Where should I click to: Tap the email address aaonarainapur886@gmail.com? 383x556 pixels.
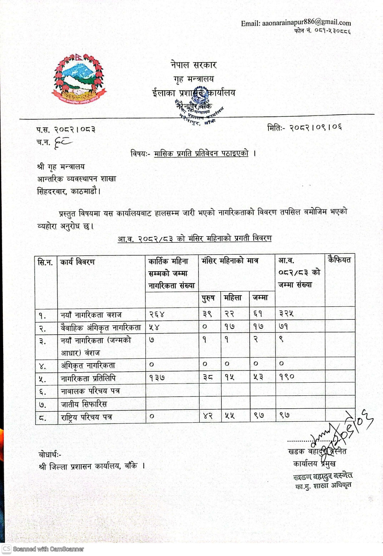tap(295, 23)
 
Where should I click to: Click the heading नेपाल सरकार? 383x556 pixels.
tap(194, 65)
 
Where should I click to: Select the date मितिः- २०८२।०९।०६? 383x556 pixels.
tap(304, 127)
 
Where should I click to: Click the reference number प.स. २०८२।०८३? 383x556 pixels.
tap(66, 130)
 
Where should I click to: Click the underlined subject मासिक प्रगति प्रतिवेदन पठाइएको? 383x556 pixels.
tap(201, 153)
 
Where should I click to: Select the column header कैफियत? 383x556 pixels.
tap(339, 259)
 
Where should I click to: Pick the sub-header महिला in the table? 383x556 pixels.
tap(233, 298)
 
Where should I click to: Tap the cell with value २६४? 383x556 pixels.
tap(157, 314)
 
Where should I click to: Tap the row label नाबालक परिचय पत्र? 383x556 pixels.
tap(90, 391)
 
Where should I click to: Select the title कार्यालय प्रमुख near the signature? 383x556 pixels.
tap(314, 464)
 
